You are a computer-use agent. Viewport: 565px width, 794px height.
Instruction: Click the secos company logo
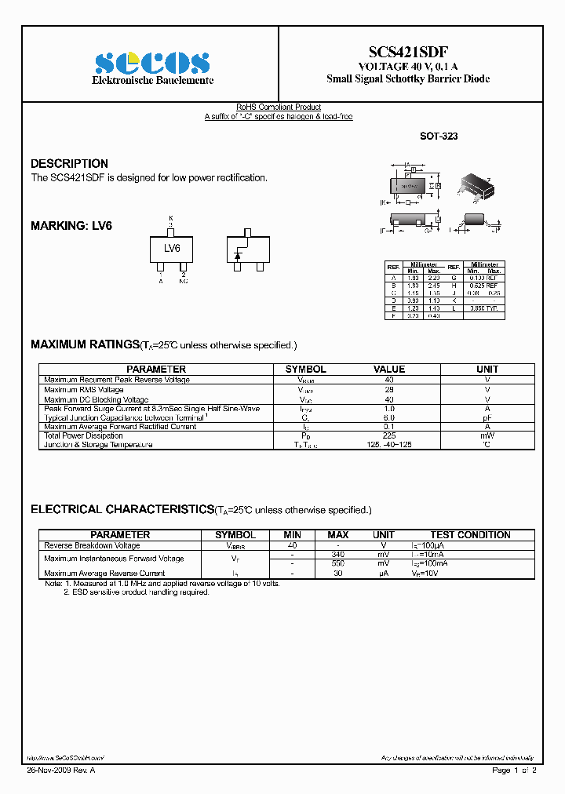coord(152,63)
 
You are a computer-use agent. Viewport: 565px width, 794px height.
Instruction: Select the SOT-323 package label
coord(439,136)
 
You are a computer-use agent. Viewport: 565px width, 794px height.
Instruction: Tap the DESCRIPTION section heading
coord(69,163)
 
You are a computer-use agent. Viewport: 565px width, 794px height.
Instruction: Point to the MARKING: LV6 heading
coord(71,225)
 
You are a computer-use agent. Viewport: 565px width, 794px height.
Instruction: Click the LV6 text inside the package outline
coord(172,248)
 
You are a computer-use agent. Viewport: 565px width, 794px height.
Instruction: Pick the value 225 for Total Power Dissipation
coord(388,435)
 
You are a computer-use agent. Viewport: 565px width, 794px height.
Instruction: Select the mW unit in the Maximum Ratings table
coord(487,435)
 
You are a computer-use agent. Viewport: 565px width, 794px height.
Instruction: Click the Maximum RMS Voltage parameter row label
coord(83,389)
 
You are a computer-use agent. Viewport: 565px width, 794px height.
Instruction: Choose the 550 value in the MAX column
coord(338,563)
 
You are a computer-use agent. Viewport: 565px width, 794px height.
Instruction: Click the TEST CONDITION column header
coord(470,534)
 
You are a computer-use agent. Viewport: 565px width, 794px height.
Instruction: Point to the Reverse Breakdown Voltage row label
coord(92,545)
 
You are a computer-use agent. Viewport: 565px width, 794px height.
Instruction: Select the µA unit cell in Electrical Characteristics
coord(384,574)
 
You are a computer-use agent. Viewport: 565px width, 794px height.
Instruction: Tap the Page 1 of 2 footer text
coord(514,770)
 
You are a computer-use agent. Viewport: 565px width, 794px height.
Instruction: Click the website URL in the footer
coord(65,758)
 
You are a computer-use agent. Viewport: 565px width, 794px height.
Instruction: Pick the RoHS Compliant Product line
coord(279,107)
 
